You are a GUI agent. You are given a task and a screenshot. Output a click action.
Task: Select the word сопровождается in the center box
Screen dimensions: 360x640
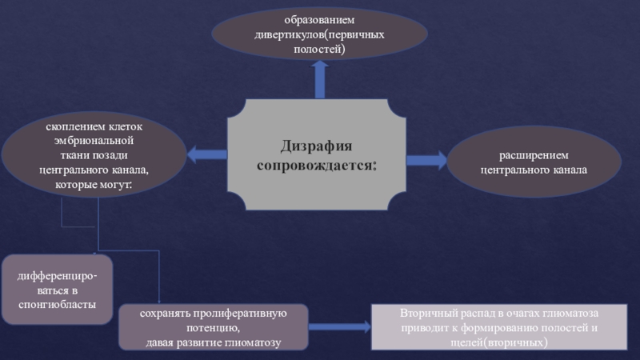314,165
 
